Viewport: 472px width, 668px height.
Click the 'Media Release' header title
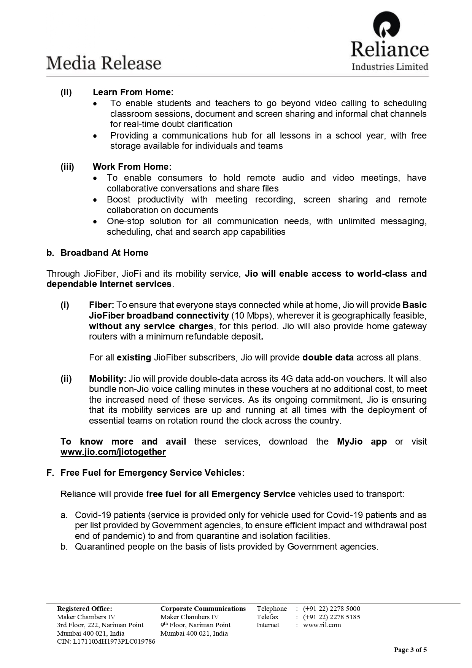click(x=104, y=63)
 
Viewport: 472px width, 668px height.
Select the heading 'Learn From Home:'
click(x=133, y=92)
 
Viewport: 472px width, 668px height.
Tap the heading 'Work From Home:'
click(x=132, y=167)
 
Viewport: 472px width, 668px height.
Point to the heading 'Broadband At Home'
click(x=104, y=253)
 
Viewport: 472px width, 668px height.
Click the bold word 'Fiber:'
click(x=102, y=305)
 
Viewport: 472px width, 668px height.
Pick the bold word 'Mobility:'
click(x=108, y=379)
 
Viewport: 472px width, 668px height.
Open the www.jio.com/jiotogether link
click(x=113, y=452)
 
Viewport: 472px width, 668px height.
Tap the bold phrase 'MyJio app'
click(x=362, y=442)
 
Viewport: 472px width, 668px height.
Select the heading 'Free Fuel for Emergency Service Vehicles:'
click(x=153, y=473)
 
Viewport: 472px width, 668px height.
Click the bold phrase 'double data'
click(x=328, y=357)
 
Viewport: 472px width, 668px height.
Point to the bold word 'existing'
click(x=134, y=357)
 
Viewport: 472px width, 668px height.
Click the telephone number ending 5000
click(x=332, y=609)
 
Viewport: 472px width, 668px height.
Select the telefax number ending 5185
click(x=332, y=617)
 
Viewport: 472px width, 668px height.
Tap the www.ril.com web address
click(x=322, y=625)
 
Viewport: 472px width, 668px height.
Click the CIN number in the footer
click(x=106, y=641)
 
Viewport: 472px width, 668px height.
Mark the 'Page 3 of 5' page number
click(x=410, y=650)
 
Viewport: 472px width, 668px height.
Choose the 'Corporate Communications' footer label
click(x=203, y=609)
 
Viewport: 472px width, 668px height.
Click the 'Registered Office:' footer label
click(x=84, y=609)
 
